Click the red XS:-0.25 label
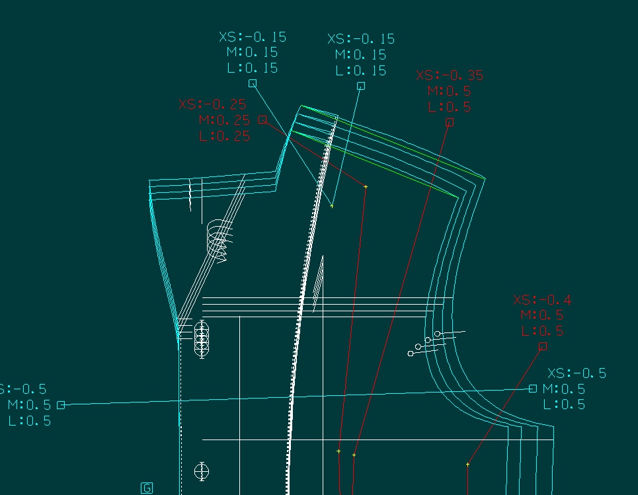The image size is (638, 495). point(212,104)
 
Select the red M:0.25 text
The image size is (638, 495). point(224,120)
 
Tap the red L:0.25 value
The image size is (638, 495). point(224,136)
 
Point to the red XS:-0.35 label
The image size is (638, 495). point(450,75)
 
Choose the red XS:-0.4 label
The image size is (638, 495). point(542,300)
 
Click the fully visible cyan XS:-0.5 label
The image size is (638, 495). point(577,373)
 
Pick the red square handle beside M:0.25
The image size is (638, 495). point(262,120)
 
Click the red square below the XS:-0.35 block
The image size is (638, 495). point(450,122)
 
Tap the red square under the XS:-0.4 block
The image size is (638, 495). point(543,346)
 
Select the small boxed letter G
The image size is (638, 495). point(147,488)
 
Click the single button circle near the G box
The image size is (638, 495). point(202,471)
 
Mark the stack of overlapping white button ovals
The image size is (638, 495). point(202,338)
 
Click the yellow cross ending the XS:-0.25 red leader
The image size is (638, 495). point(366,187)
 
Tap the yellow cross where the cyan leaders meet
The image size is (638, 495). point(332,206)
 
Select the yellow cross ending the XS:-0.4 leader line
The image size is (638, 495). point(467,465)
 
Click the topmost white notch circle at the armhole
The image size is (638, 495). point(438,334)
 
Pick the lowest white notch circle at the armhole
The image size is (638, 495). point(411,354)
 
